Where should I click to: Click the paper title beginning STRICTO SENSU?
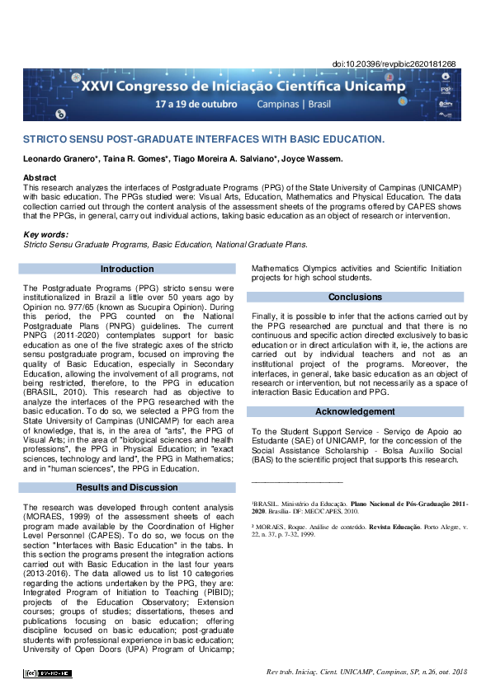click(x=203, y=139)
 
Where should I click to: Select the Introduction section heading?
click(x=127, y=269)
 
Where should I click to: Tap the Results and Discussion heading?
click(x=127, y=487)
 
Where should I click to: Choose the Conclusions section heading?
click(x=356, y=297)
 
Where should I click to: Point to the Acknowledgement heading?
click(x=356, y=411)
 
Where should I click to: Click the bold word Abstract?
click(x=40, y=178)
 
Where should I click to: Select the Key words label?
click(x=46, y=236)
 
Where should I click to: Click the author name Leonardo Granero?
click(x=57, y=159)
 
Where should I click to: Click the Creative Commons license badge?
click(x=48, y=673)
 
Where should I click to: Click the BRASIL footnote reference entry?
click(x=359, y=507)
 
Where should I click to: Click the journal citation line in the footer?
click(x=366, y=673)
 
